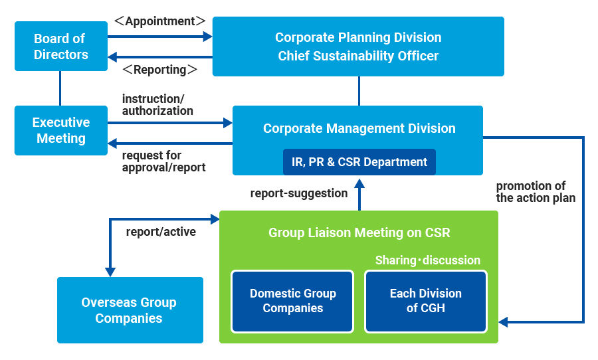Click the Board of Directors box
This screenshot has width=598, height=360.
61,46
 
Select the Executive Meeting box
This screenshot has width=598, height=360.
61,130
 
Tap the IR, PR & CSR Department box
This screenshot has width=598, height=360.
359,162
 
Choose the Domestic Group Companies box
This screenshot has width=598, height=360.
292,302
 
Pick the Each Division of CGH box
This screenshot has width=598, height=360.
426,302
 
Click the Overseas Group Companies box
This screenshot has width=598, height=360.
130,310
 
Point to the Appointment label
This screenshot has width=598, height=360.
159,21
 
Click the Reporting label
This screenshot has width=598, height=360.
159,69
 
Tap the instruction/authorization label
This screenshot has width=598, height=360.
157,105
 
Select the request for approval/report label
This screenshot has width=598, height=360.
163,161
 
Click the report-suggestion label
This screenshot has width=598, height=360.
299,193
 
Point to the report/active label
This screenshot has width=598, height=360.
161,232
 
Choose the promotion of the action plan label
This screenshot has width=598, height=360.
536,192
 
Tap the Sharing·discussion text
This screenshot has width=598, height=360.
427,260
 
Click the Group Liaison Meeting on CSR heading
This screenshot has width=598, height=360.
359,232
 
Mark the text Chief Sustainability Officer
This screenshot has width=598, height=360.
358,56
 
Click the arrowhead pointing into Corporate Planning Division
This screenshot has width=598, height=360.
208,37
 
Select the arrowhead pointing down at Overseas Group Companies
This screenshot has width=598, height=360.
110,272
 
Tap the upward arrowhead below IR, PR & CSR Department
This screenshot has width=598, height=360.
359,183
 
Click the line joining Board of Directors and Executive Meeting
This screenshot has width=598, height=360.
60,88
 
